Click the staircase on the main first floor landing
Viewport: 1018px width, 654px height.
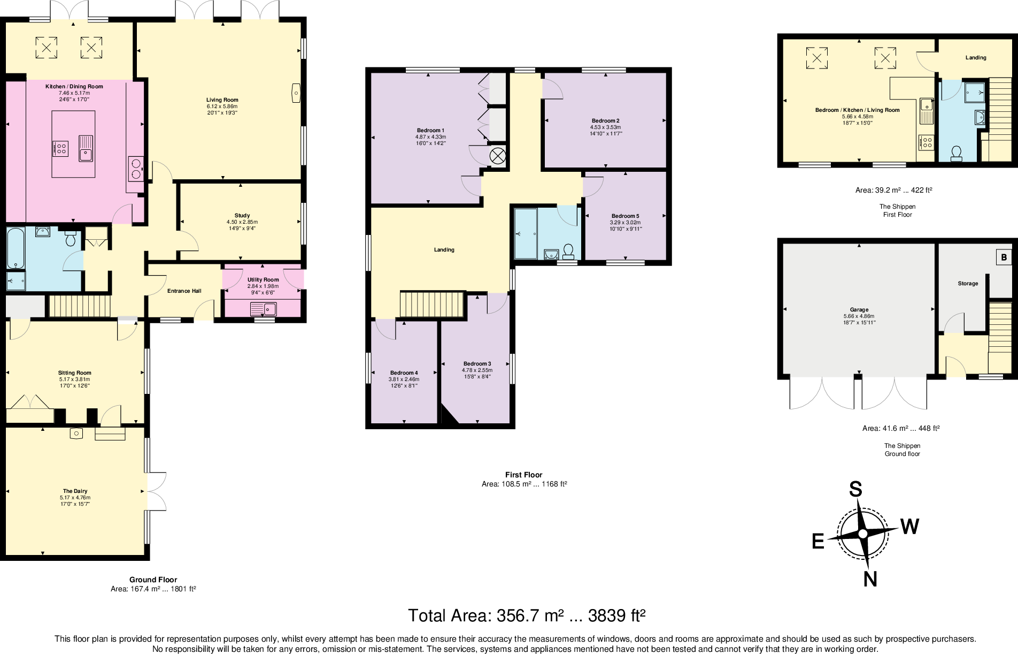(432, 305)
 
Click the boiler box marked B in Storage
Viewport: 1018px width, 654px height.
(1004, 257)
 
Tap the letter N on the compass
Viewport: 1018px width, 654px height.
(870, 579)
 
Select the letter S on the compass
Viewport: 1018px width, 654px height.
(856, 489)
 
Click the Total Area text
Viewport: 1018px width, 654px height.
(527, 615)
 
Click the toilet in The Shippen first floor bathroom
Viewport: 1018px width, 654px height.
(957, 154)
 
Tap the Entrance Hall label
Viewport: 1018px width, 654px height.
(184, 291)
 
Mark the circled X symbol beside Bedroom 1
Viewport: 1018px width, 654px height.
(498, 156)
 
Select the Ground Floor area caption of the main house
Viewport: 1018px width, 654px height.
(153, 584)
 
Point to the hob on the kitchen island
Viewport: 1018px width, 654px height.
(60, 148)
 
